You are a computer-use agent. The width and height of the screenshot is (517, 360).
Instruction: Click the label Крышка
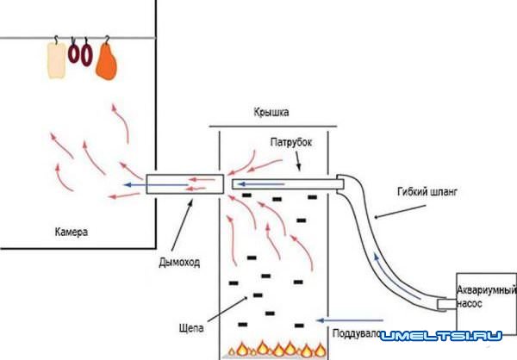(x=271, y=112)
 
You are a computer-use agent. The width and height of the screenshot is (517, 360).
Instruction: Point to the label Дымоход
(x=179, y=263)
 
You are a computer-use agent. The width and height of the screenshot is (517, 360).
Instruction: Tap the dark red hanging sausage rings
(x=80, y=54)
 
